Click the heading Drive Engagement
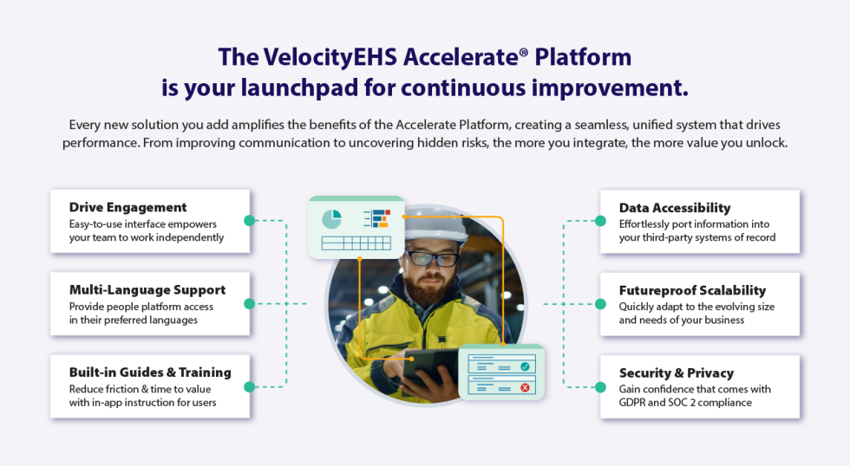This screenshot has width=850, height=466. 127,208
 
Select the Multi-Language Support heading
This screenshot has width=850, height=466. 147,290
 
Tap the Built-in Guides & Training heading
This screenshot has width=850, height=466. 150,372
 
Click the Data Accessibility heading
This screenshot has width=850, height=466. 675,208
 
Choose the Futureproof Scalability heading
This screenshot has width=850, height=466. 692,290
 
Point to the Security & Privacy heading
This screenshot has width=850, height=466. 676,373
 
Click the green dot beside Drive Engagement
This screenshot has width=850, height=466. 250,221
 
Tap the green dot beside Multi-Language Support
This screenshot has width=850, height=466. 250,303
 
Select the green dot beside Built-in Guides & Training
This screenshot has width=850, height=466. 250,386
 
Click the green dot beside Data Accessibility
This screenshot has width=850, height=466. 599,221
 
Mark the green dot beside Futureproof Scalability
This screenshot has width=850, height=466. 599,303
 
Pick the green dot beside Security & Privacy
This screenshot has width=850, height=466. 599,386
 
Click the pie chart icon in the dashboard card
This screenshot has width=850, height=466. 331,219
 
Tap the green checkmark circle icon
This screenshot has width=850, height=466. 525,367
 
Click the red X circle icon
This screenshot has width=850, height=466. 525,387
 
